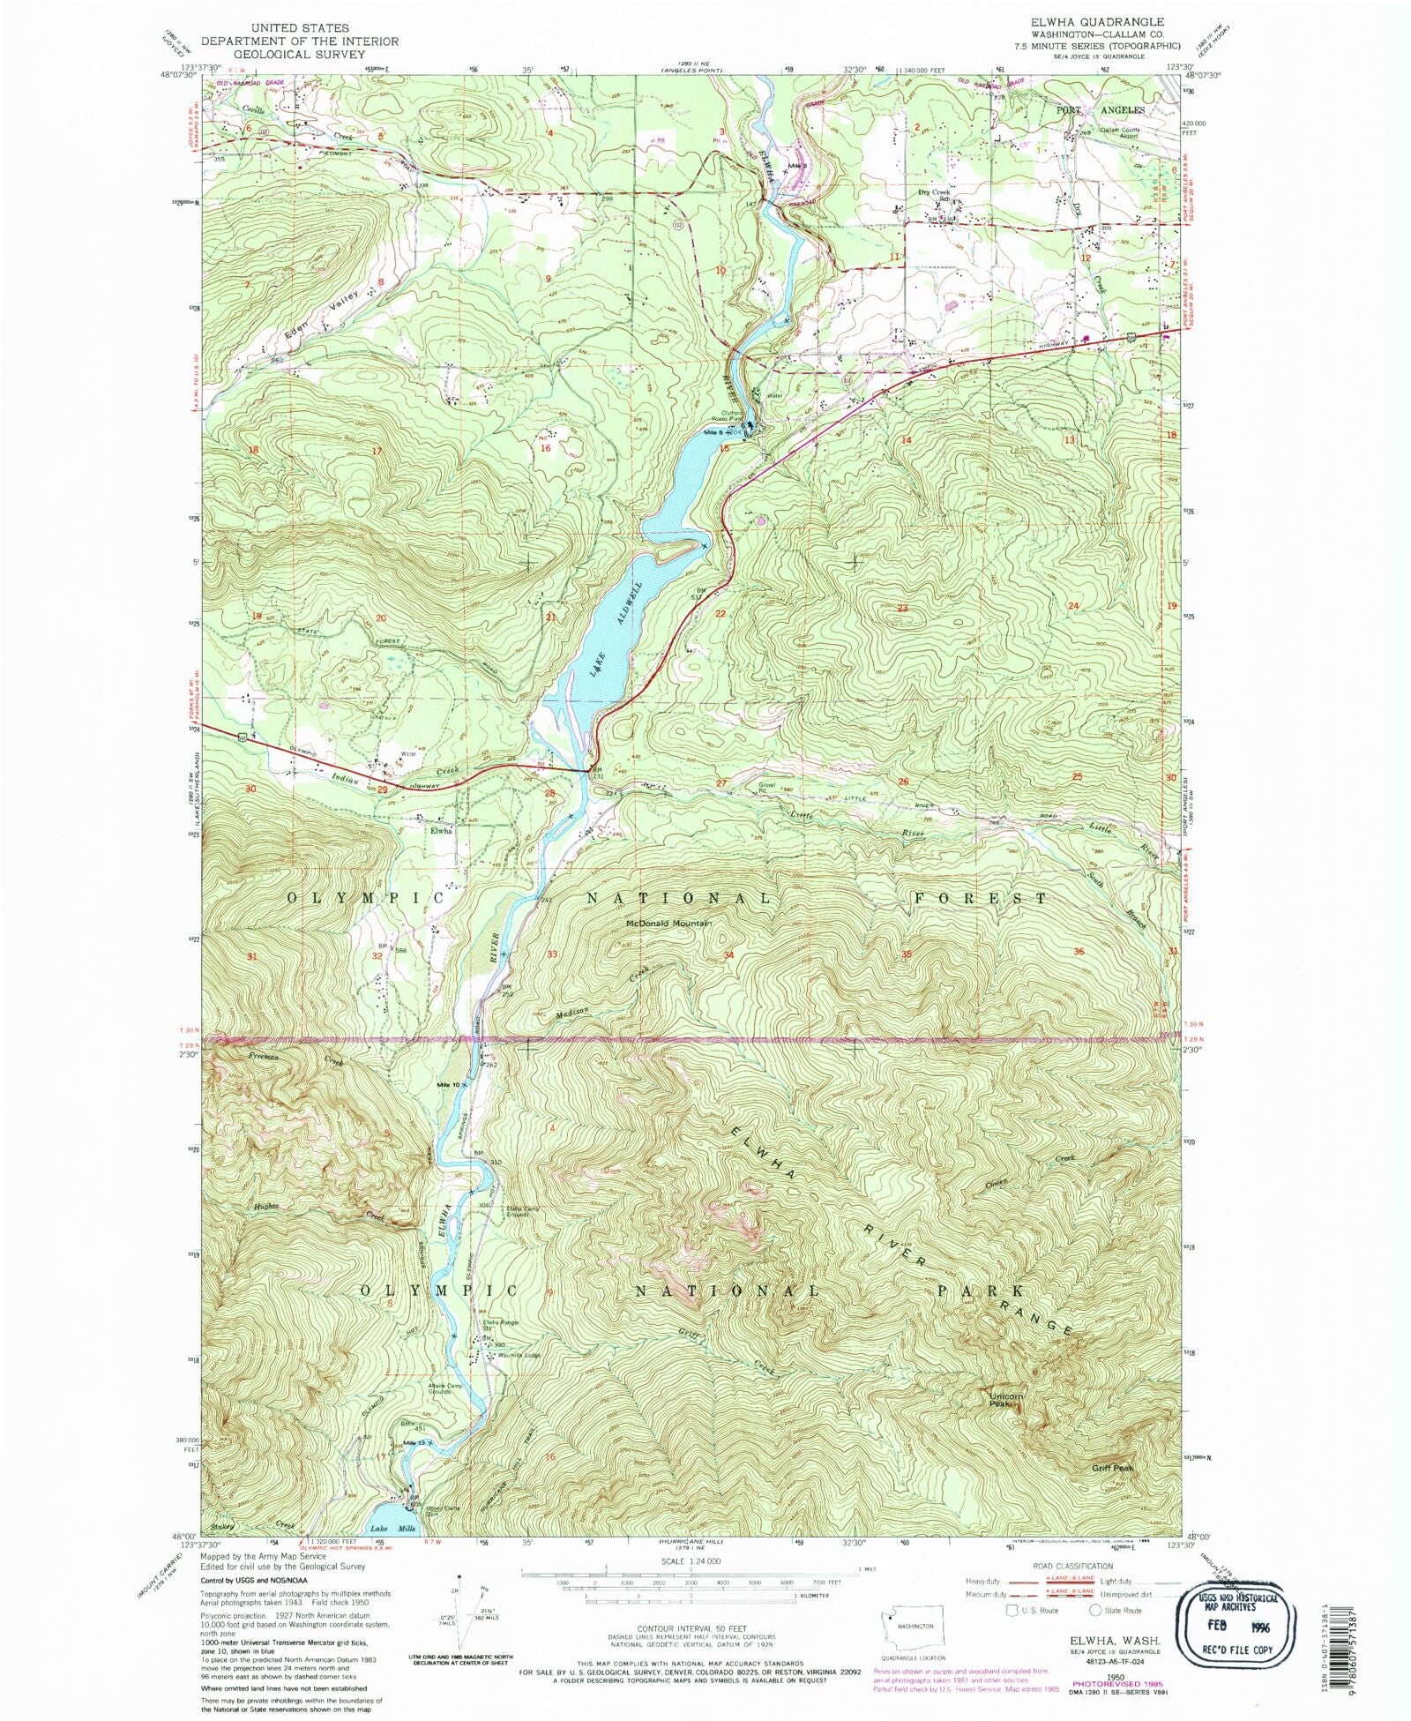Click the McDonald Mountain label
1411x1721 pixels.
[668, 924]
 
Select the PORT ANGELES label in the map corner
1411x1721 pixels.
[1101, 110]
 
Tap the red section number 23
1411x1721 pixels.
[902, 608]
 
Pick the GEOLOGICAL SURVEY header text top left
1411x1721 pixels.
[299, 54]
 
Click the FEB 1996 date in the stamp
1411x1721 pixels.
[1237, 1623]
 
